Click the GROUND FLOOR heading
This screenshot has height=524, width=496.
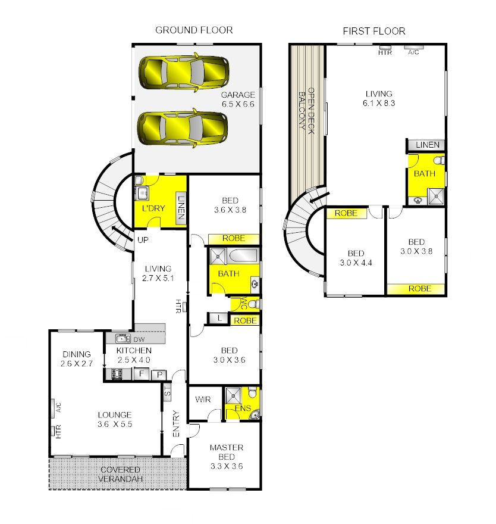(x=194, y=30)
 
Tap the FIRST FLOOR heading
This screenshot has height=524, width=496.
(x=374, y=31)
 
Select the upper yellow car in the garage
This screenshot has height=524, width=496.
(x=184, y=72)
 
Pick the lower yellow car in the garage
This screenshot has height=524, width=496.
(x=183, y=128)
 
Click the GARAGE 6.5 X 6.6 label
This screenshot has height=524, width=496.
(x=238, y=99)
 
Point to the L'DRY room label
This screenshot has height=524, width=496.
(x=153, y=208)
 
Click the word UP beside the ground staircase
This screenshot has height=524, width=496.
(x=143, y=240)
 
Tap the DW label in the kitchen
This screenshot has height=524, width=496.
(x=139, y=339)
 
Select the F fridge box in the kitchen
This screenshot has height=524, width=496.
(x=141, y=373)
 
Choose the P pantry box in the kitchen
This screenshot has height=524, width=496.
(x=159, y=375)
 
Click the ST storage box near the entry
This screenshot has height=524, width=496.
(x=167, y=391)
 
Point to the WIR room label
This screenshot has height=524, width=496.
(x=203, y=400)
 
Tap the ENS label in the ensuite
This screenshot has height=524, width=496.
(x=243, y=408)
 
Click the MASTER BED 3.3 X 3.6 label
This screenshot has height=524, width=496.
(x=227, y=457)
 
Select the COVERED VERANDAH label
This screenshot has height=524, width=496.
(x=120, y=474)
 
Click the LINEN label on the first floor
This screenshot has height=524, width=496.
(x=428, y=145)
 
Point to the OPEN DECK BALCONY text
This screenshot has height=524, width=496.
(x=306, y=111)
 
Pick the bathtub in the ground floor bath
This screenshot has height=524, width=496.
(x=243, y=255)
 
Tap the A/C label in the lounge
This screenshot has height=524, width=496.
(x=58, y=407)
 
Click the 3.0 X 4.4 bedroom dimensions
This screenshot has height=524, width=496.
(x=356, y=263)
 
